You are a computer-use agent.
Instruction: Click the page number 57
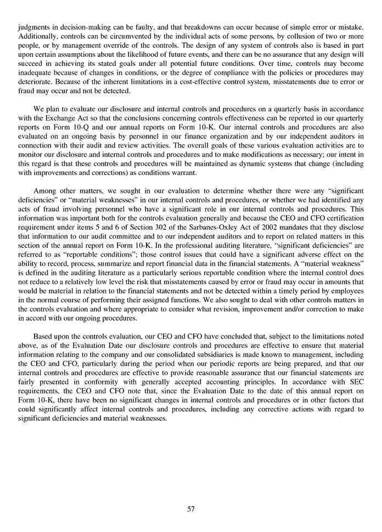191,509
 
